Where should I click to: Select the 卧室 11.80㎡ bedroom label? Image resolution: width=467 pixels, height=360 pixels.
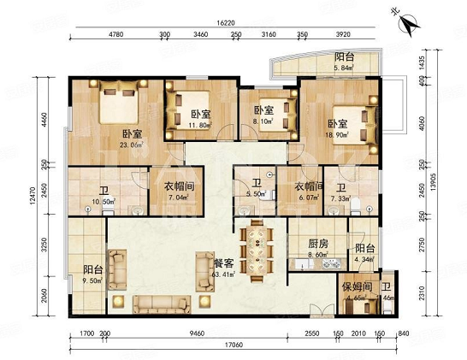tap(201, 118)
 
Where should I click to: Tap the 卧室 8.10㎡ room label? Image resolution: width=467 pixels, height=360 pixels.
tap(263, 115)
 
